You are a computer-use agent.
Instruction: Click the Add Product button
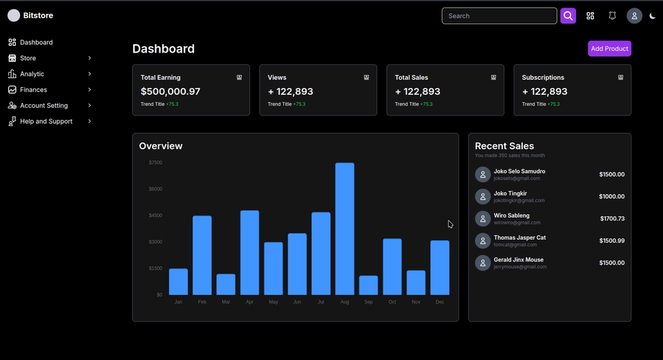[x=609, y=48]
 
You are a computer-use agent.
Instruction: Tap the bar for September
[x=368, y=285]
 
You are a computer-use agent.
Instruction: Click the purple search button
[x=568, y=16]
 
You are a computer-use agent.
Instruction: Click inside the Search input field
[x=499, y=16]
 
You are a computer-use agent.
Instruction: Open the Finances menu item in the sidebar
[x=33, y=90]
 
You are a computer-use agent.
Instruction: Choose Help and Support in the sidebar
[x=46, y=122]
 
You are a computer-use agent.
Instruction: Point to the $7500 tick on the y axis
[x=155, y=162]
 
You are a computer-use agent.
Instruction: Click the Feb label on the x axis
[x=202, y=302]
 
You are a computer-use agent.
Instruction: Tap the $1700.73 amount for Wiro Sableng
[x=612, y=218]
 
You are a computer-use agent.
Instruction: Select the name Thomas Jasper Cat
[x=519, y=238]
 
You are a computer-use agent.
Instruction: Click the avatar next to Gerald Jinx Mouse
[x=483, y=263]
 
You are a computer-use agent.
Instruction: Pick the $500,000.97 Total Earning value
[x=170, y=91]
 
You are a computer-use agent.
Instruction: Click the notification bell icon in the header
[x=612, y=16]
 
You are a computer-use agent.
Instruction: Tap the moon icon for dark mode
[x=653, y=16]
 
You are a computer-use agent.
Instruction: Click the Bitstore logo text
[x=38, y=15]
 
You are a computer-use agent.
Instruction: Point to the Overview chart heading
[x=160, y=146]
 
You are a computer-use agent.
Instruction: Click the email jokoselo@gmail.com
[x=517, y=178]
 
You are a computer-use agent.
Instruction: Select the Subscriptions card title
[x=543, y=77]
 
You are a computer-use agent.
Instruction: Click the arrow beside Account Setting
[x=90, y=106]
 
